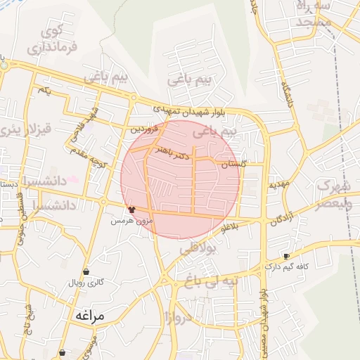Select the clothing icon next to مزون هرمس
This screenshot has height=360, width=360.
click(x=131, y=209)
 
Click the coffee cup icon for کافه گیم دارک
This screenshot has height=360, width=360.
click(x=285, y=256)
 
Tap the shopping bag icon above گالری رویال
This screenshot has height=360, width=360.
click(x=86, y=271)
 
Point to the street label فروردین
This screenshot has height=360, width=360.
click(x=146, y=129)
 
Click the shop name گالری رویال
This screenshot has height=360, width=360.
click(x=85, y=283)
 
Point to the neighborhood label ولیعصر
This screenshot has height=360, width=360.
click(x=333, y=205)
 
